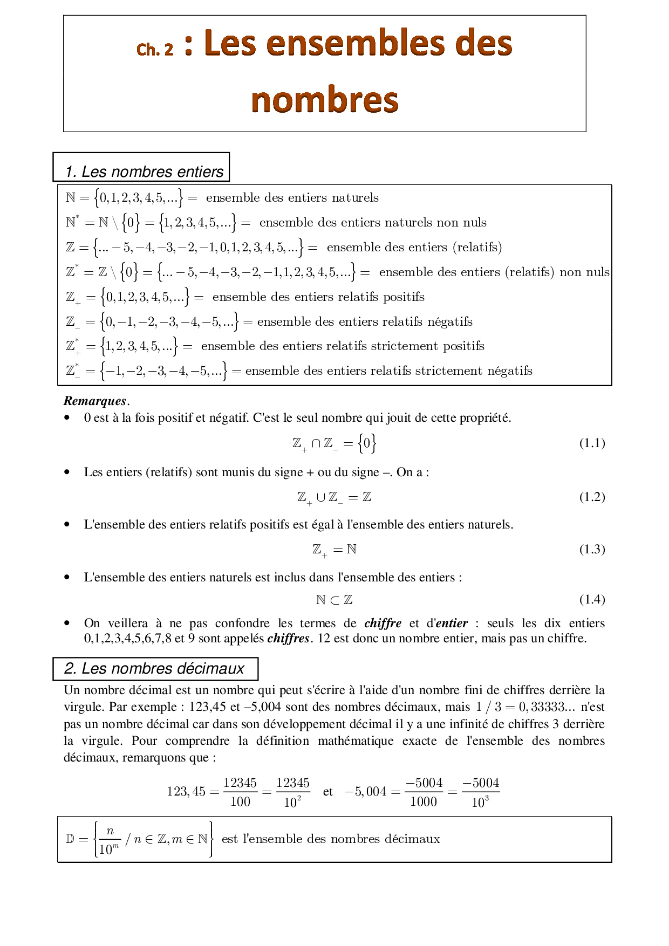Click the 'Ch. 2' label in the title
click(x=155, y=49)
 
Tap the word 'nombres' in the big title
click(x=325, y=100)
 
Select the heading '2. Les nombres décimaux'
click(x=154, y=669)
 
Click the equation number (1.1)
click(x=592, y=443)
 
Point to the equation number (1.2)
click(x=592, y=497)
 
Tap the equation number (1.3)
click(x=592, y=550)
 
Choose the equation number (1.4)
click(x=592, y=600)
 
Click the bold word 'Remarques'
click(x=95, y=401)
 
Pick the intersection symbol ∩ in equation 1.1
click(x=316, y=443)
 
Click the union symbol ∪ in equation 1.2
click(x=321, y=497)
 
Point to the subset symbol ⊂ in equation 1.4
click(x=334, y=600)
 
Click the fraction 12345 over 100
click(x=240, y=792)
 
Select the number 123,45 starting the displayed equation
click(x=186, y=792)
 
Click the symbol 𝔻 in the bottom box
click(x=70, y=839)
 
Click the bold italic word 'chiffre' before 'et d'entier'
click(x=383, y=623)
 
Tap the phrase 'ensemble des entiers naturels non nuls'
click(x=373, y=223)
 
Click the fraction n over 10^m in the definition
click(x=110, y=840)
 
